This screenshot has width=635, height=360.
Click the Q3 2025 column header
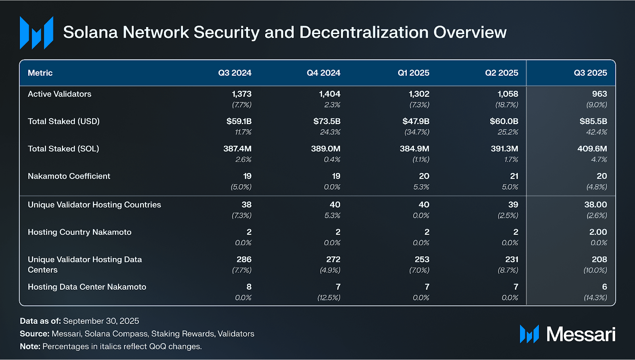tap(590, 73)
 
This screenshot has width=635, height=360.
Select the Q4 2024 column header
tap(323, 73)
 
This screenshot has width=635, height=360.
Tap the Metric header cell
tap(40, 73)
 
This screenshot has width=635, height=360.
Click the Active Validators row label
tap(60, 94)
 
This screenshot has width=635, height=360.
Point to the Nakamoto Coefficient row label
tap(69, 176)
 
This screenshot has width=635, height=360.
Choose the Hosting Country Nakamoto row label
tap(79, 232)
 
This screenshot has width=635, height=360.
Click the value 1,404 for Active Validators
tap(329, 94)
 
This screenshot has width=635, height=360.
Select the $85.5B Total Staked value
tap(593, 121)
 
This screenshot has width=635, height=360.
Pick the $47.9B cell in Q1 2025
tap(416, 121)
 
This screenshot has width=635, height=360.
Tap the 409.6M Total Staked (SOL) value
tap(592, 149)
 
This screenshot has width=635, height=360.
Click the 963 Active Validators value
tap(599, 94)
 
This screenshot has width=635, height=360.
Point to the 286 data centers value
tap(244, 260)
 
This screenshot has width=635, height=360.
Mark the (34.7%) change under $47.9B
tap(417, 132)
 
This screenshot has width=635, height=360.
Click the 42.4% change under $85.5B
tap(597, 132)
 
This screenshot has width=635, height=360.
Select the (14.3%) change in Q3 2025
tap(595, 298)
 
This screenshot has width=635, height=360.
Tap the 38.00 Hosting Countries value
tap(595, 205)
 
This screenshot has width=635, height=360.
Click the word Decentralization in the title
tap(364, 33)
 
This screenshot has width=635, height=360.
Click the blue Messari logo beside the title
tap(37, 33)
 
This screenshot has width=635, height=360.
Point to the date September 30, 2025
tap(101, 321)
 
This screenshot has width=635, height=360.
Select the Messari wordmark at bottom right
tap(581, 334)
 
